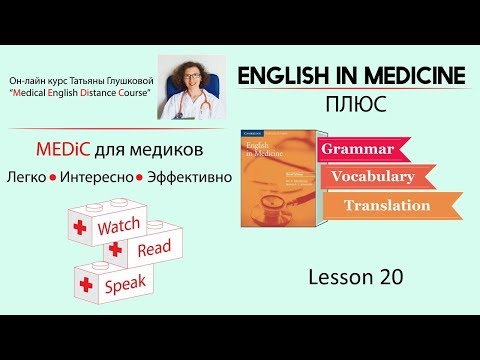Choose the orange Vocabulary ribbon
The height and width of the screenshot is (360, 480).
(x=377, y=177)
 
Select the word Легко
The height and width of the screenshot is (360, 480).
(x=56, y=176)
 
